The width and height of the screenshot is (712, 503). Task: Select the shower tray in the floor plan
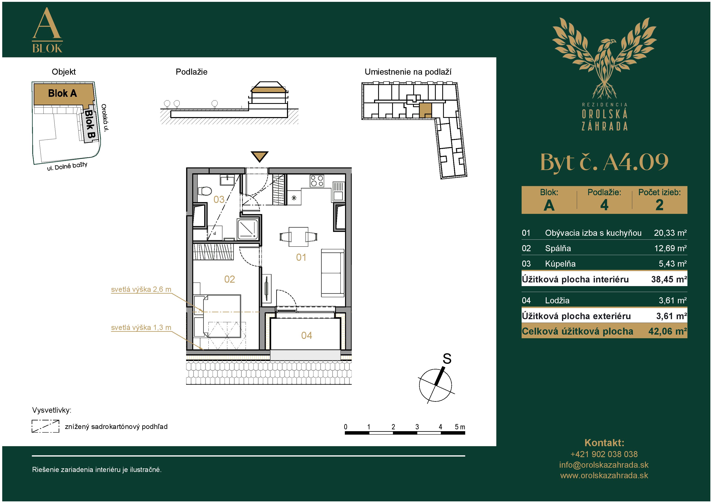247,229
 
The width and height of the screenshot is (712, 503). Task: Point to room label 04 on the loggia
306,335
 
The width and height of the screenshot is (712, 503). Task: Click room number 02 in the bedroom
230,279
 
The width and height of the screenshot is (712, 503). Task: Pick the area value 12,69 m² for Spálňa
670,248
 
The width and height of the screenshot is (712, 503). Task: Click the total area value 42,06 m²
667,331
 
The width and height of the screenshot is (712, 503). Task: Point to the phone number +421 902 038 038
604,454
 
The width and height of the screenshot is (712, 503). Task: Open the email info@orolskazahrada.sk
604,465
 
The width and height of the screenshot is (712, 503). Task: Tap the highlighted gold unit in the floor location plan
425,110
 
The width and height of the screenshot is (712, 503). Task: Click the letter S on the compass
447,359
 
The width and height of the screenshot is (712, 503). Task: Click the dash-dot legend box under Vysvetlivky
45,426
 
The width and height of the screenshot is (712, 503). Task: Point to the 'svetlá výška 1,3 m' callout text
141,327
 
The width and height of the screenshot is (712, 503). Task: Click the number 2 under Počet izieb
659,205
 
